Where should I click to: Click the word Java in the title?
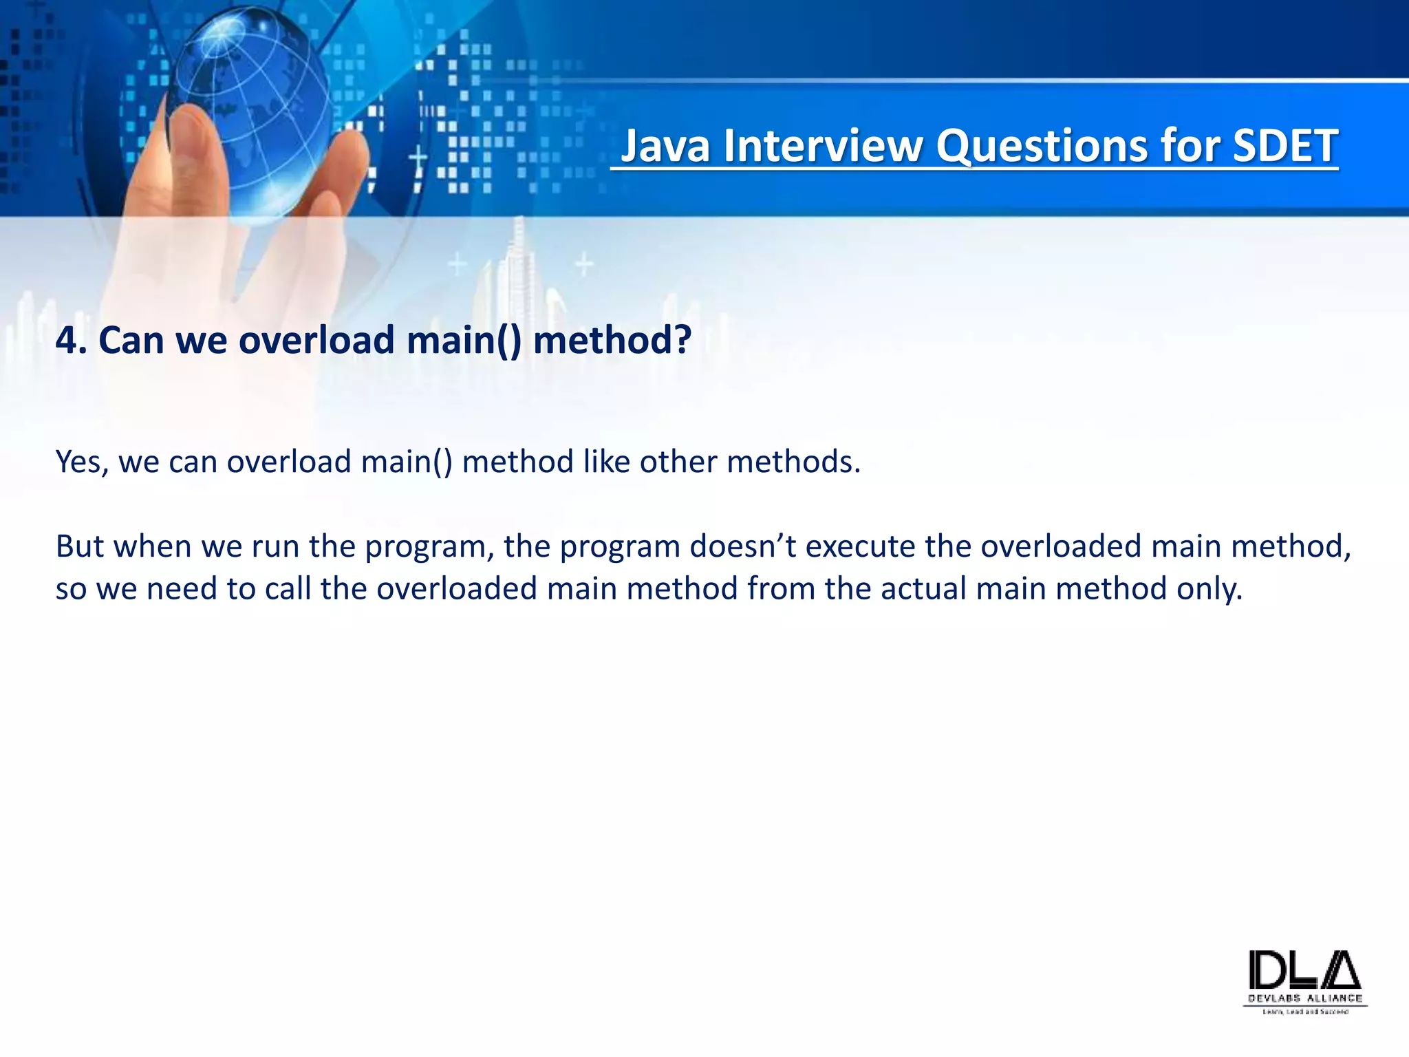click(666, 147)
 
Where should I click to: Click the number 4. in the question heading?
click(70, 341)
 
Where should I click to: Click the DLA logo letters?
click(1304, 970)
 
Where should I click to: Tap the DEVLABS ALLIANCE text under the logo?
click(1304, 999)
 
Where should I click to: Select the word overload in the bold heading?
click(316, 341)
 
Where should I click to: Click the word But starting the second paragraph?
click(80, 547)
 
